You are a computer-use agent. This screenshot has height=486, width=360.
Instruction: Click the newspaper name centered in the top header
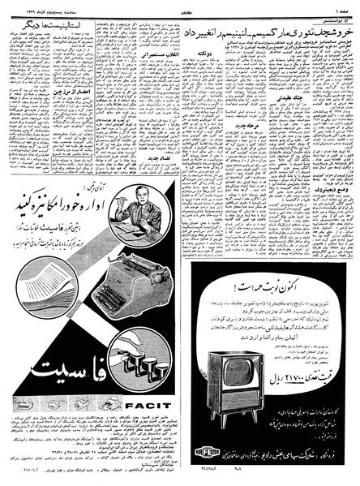183,6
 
